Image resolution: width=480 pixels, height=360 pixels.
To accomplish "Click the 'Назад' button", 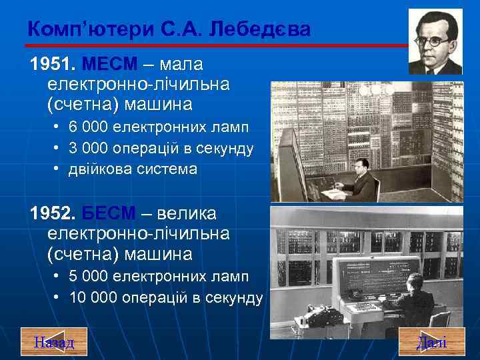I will (54, 342).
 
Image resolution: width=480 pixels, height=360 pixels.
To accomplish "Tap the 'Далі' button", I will (431, 342).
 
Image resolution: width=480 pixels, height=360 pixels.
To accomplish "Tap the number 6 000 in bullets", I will (89, 127).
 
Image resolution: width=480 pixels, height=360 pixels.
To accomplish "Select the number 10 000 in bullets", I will (93, 297).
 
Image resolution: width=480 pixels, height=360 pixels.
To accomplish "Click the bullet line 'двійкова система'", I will (133, 169).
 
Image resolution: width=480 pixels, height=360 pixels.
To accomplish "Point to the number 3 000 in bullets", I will (89, 148).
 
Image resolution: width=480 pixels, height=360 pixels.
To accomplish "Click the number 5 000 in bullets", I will (89, 276).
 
